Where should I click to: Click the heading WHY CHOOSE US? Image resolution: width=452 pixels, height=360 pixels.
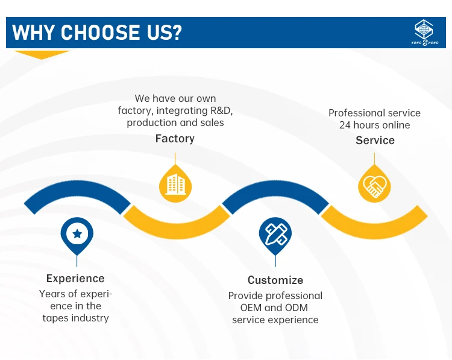pos(96,32)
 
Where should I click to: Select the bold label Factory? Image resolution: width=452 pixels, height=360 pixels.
pos(175,139)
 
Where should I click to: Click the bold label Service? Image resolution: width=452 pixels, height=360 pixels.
pos(375,141)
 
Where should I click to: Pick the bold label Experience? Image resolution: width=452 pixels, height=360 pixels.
pos(75,279)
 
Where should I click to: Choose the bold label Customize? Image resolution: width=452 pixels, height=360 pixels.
pos(275,280)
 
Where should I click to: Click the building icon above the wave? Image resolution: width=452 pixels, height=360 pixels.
pos(175,183)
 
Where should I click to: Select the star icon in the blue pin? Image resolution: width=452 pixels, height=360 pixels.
pos(77,233)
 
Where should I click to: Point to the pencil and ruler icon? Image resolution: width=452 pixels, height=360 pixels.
pos(275,233)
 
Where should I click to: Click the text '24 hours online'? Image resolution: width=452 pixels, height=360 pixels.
pos(375,125)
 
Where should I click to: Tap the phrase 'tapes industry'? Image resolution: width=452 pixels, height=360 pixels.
pos(75,318)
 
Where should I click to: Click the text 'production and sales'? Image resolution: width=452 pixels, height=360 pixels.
pos(175,122)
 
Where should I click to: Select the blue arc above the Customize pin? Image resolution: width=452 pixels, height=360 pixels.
pos(275,192)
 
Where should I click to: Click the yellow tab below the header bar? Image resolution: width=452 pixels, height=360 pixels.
pos(42,54)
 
